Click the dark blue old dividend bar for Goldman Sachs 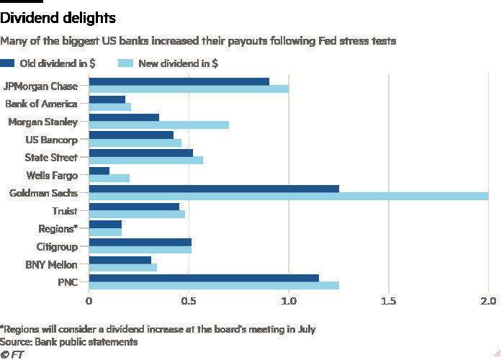[214, 189]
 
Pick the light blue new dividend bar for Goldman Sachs [288, 197]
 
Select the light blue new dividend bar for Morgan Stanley [159, 125]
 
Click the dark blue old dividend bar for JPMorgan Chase [179, 81]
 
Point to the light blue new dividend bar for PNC [214, 285]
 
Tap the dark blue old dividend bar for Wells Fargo [99, 171]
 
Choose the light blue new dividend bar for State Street [146, 161]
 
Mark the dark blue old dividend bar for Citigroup [140, 242]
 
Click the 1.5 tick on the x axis [388, 300]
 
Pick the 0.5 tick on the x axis [189, 300]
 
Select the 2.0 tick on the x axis [488, 300]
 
